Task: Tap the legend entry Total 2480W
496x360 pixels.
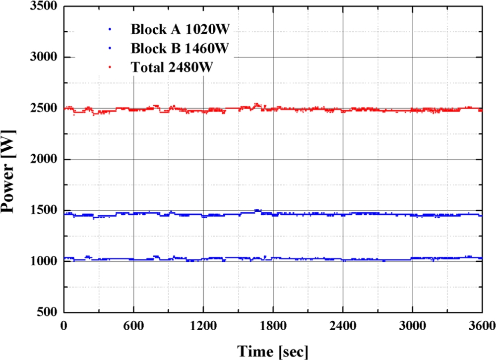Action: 172,67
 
